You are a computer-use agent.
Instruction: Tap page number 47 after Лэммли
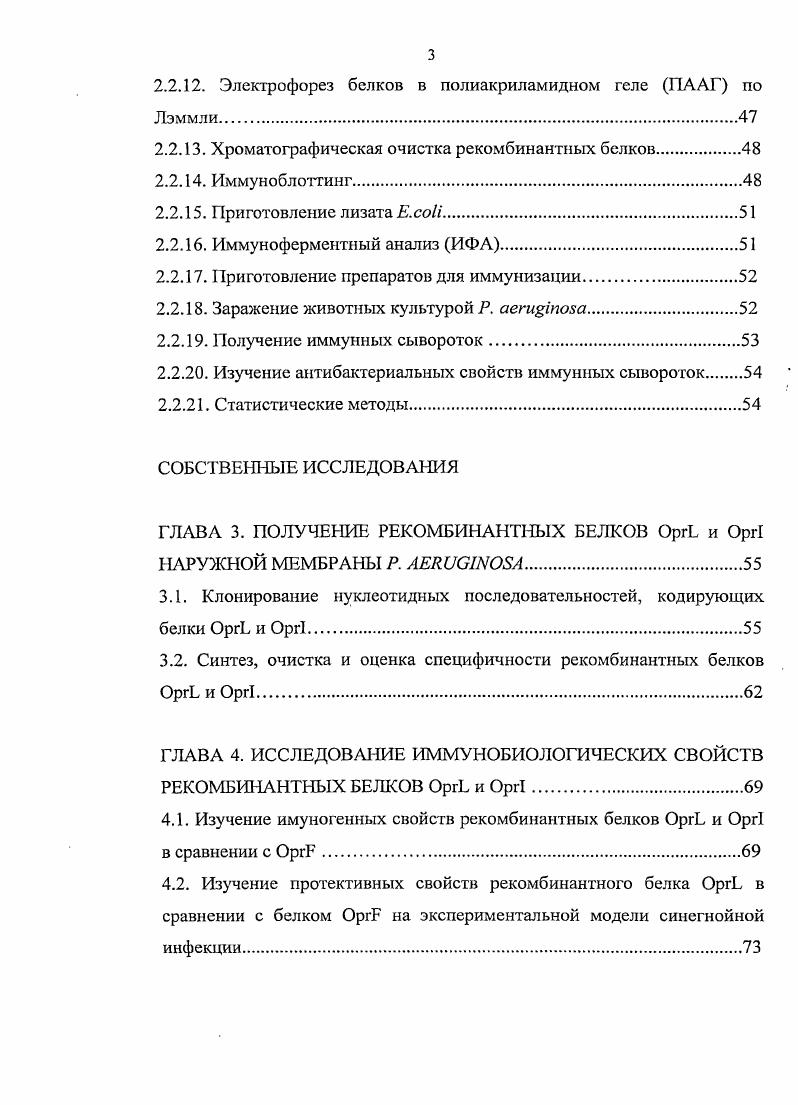coord(748,118)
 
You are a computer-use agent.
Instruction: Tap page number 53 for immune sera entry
coord(751,341)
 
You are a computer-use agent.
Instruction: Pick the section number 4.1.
coord(173,819)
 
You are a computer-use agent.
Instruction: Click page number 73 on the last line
coord(752,948)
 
